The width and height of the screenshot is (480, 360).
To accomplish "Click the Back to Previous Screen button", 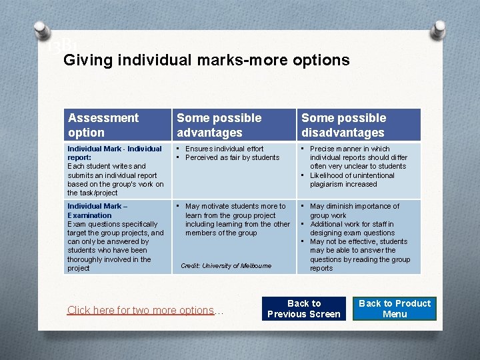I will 304,309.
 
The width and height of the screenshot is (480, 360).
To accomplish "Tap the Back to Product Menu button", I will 395,309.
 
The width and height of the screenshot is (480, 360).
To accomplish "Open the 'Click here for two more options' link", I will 141,311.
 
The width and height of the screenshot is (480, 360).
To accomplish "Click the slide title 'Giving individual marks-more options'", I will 206,60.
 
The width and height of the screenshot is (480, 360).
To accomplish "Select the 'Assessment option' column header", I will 103,125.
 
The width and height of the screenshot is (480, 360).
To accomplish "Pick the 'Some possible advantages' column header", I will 219,125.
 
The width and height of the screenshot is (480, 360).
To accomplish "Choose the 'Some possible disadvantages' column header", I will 344,125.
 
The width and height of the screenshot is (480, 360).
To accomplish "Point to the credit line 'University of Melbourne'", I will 226,266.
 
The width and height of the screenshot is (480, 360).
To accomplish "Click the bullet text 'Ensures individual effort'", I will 224,149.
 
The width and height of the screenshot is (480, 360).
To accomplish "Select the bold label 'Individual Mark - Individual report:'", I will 114,153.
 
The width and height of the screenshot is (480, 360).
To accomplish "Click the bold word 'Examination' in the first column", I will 89,215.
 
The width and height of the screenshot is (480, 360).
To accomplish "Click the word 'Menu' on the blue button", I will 395,314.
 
